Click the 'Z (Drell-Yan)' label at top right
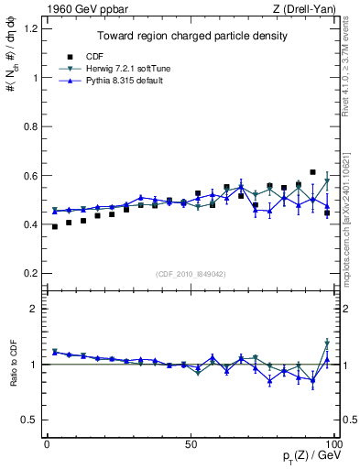point(305,9)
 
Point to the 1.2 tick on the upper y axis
point(32,28)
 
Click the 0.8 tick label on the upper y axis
point(32,126)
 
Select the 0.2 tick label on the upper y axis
point(32,273)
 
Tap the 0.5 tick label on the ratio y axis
point(32,420)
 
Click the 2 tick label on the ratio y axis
point(37,309)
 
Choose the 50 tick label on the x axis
point(191,443)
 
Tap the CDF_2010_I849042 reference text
point(191,274)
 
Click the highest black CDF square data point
point(313,172)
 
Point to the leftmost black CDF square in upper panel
point(55,226)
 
